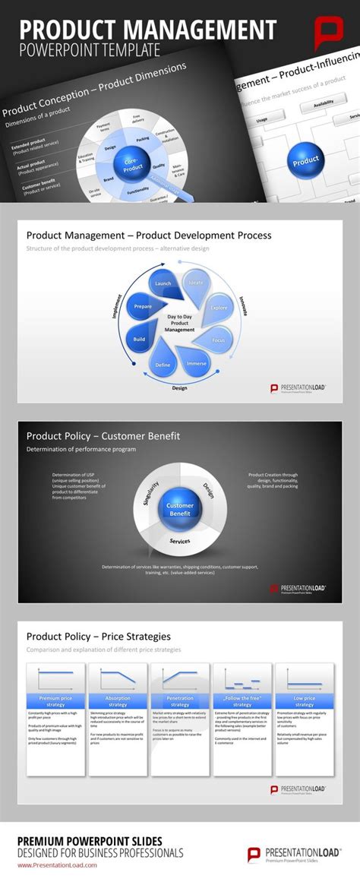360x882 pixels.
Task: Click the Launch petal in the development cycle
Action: [x=163, y=283]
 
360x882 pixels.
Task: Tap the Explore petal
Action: [x=219, y=308]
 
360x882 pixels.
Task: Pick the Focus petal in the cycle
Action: [x=219, y=340]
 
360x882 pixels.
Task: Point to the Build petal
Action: [x=140, y=339]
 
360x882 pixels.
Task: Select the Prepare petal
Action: [x=143, y=306]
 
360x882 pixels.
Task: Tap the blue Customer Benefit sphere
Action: [x=180, y=510]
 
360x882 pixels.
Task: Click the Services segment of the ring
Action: [x=180, y=541]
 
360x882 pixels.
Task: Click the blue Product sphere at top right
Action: [x=306, y=160]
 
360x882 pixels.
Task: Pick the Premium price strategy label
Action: [x=57, y=700]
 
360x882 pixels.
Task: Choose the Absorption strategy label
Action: [x=118, y=700]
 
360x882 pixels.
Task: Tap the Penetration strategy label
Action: [x=180, y=700]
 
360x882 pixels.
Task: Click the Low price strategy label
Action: [x=304, y=700]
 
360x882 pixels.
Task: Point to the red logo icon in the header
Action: [x=330, y=35]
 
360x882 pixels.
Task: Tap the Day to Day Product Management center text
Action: [x=180, y=324]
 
